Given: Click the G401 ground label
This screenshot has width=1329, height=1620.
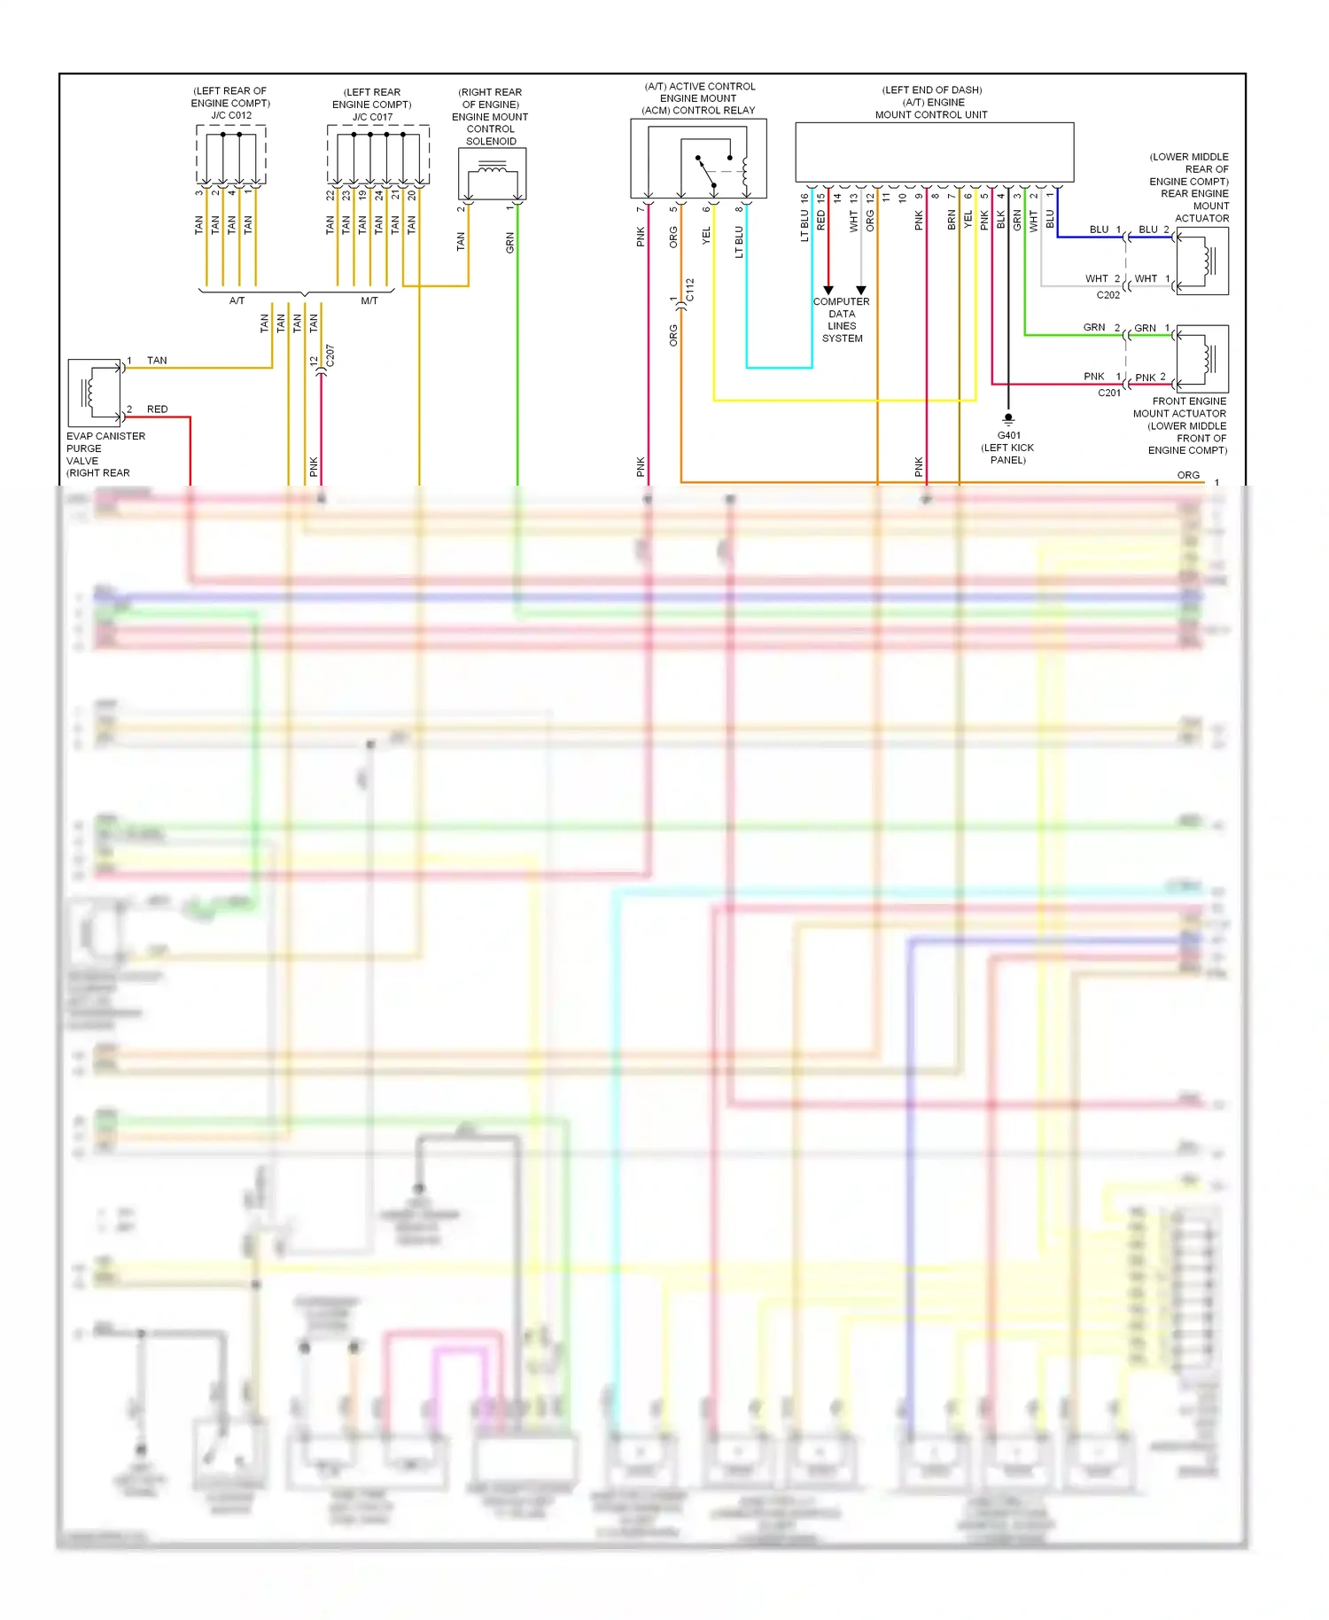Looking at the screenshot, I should coord(1008,435).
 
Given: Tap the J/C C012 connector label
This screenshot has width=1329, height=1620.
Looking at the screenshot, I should coord(230,115).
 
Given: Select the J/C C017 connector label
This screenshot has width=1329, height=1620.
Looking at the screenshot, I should coord(372,116).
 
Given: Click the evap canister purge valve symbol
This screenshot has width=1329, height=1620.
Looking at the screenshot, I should coord(95,393).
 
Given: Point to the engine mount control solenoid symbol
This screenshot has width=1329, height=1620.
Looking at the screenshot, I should coord(492,174).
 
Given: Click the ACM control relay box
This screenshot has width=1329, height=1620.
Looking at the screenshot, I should coord(698,159).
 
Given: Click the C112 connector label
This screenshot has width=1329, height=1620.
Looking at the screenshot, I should coord(690,290).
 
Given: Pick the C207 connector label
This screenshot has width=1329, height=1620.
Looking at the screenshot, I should coord(330,355).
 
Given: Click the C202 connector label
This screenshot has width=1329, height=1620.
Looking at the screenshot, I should coord(1107,295).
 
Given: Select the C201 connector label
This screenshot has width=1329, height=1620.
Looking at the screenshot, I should coord(1108,393).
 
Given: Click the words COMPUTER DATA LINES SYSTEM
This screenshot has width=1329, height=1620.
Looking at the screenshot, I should coord(842,320).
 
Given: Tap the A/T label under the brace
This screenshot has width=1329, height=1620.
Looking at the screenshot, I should coord(237,301).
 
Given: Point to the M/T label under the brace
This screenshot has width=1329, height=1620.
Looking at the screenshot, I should coord(369,301).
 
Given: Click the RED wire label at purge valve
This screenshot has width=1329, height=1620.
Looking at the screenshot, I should coord(157,409).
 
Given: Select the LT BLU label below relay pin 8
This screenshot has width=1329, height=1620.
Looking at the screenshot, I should coord(739,241).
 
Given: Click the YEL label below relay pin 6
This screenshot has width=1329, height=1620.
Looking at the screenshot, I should coord(706,236).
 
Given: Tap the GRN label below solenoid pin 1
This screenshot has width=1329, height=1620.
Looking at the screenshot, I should coord(509,243).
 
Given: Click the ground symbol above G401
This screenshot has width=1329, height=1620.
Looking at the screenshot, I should coord(1008,419).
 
